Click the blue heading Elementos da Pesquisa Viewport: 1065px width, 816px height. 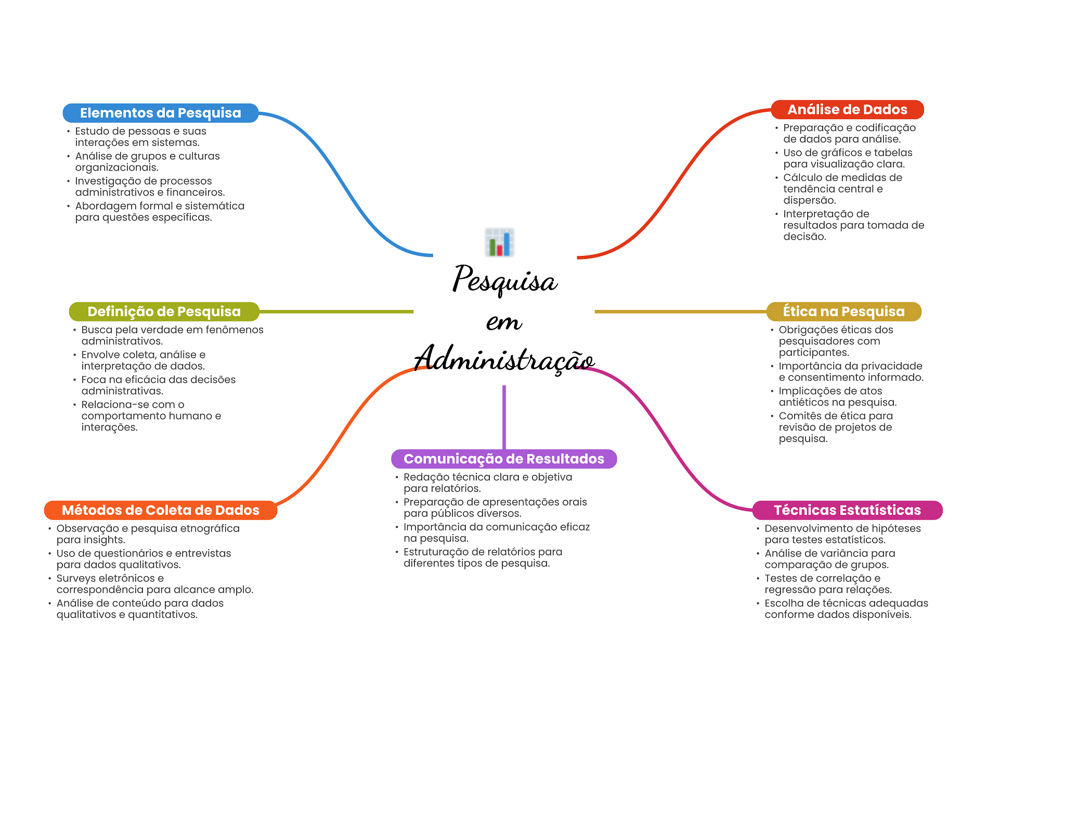(160, 113)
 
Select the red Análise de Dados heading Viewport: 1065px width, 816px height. (847, 110)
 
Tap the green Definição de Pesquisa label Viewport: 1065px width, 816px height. (164, 312)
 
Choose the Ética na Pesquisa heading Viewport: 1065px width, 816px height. (843, 312)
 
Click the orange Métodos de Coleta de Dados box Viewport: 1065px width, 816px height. (160, 510)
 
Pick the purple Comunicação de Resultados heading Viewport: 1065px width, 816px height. (503, 459)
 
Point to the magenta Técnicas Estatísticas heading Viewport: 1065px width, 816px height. (847, 510)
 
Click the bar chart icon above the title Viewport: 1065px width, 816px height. (499, 242)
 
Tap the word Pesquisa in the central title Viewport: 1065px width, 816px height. (504, 280)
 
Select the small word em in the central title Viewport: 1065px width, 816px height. (503, 321)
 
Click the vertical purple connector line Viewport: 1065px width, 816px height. (504, 416)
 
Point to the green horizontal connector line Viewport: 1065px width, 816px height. (336, 312)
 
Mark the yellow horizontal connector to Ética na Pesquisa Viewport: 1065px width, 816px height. (680, 312)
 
